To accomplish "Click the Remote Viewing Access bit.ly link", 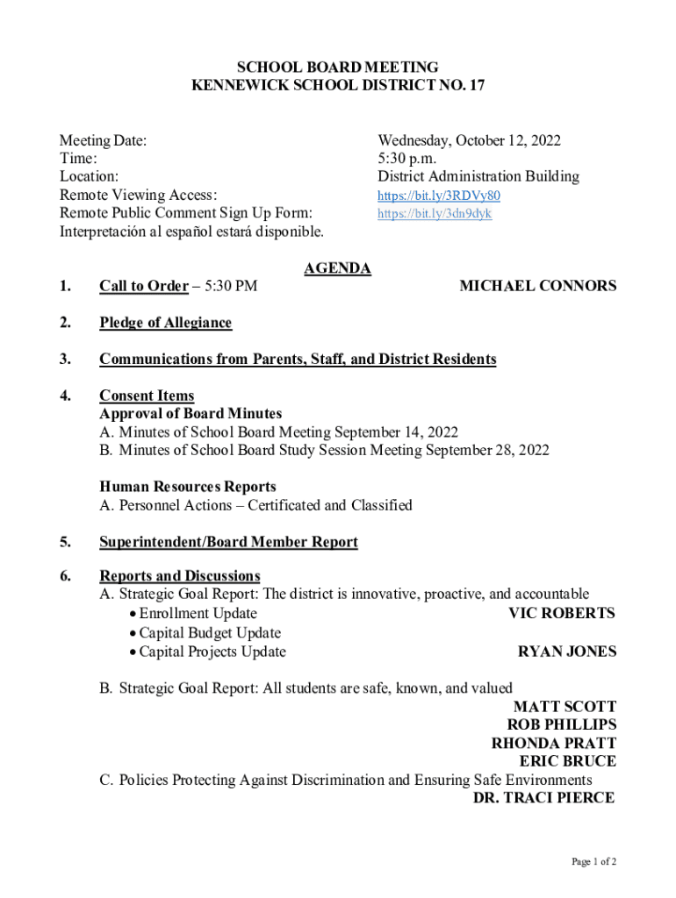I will click(x=438, y=196).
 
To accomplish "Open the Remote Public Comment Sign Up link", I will click(x=435, y=214).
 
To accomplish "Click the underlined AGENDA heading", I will click(x=337, y=268).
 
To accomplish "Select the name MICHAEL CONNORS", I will click(x=537, y=286).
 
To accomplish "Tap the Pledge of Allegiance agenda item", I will click(x=165, y=323).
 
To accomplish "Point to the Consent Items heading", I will click(x=147, y=396).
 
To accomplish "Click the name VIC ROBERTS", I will click(x=562, y=613).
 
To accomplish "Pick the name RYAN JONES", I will click(x=566, y=652).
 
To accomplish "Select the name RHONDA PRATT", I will click(x=553, y=743).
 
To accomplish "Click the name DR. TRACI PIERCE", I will click(x=543, y=798).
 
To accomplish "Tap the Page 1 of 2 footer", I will click(x=593, y=862).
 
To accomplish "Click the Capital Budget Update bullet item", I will click(x=210, y=633).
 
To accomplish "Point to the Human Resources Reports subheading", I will click(x=187, y=487).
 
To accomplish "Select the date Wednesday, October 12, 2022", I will click(x=469, y=140).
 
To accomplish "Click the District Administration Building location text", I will click(x=478, y=176).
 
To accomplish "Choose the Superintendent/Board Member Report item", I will click(x=228, y=542).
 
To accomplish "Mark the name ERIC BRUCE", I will click(x=567, y=761).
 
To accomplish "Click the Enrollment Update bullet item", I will click(x=198, y=614).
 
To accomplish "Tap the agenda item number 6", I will click(x=65, y=576).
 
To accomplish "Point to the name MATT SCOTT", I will click(x=565, y=707).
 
